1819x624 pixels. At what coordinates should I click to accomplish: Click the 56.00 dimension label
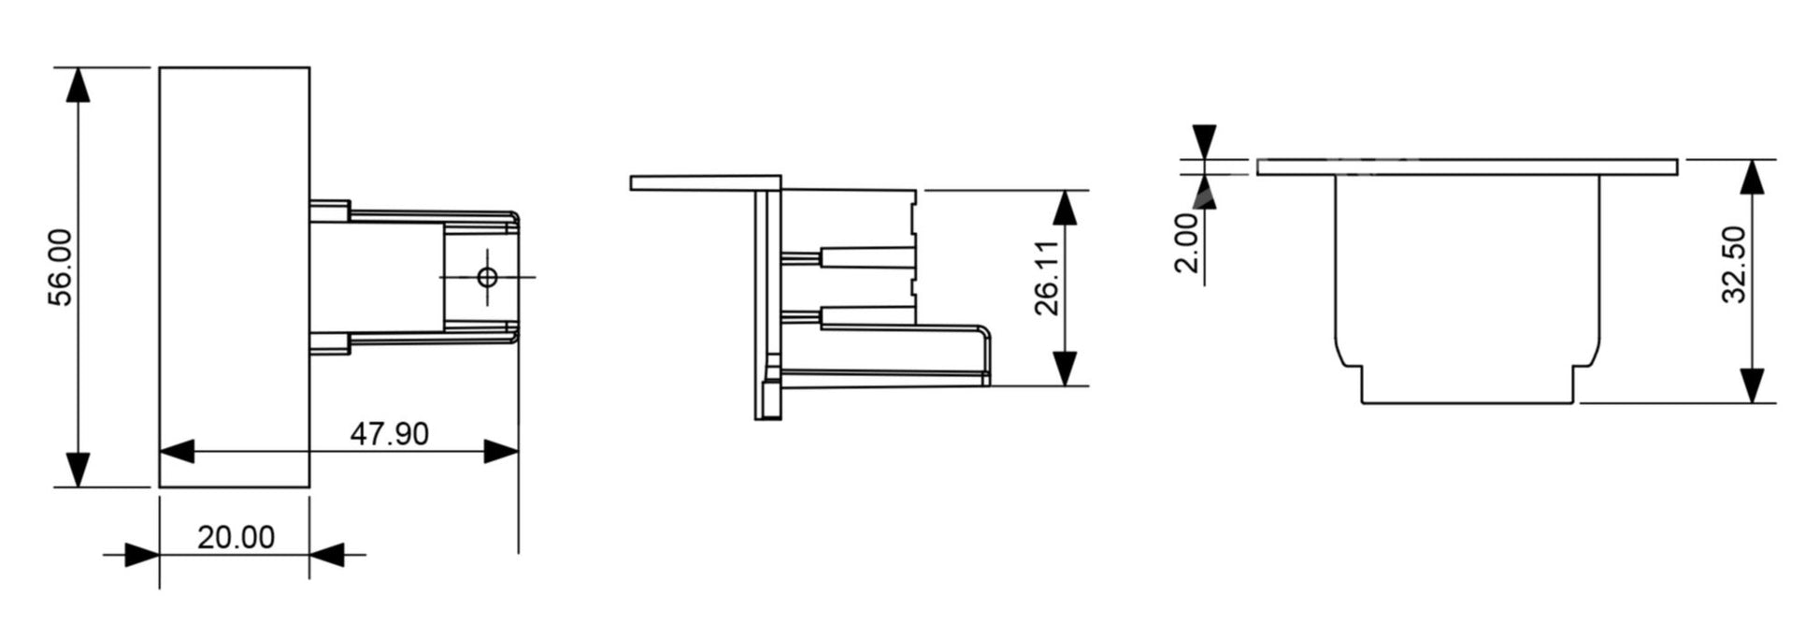tap(61, 268)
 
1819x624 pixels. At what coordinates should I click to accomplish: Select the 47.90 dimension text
tap(389, 434)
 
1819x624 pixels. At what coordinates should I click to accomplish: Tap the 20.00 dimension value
tap(236, 538)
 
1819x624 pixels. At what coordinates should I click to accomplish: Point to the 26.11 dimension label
tap(1047, 278)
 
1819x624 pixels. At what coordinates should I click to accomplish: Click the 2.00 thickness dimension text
tap(1186, 242)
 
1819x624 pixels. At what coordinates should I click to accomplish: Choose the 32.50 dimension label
tap(1734, 265)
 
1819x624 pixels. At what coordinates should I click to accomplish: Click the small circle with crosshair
tap(487, 277)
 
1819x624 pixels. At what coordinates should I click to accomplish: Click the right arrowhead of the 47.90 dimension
tap(501, 452)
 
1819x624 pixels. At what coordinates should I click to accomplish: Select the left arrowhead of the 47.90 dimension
tap(178, 452)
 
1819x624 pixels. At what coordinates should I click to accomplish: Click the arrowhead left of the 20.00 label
tap(141, 555)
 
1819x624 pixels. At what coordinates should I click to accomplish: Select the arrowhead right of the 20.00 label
tap(327, 555)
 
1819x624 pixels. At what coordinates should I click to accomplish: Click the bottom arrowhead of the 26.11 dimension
tap(1065, 368)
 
